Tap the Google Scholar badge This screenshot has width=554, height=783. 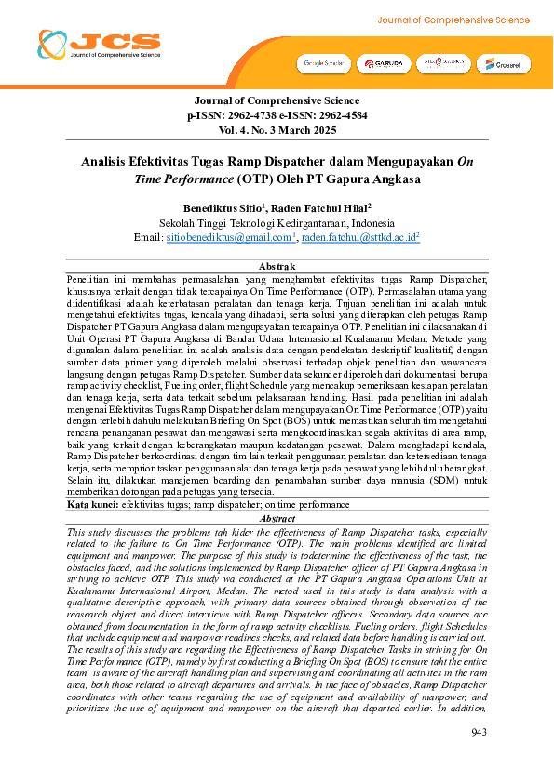pos(322,63)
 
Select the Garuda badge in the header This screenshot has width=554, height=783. pos(383,63)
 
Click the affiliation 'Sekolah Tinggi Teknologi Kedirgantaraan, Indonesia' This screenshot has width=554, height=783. pos(277,223)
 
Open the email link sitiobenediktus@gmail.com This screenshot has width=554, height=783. pos(230,238)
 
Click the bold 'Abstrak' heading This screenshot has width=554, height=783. pos(277,267)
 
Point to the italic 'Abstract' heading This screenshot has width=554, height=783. pos(277,519)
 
